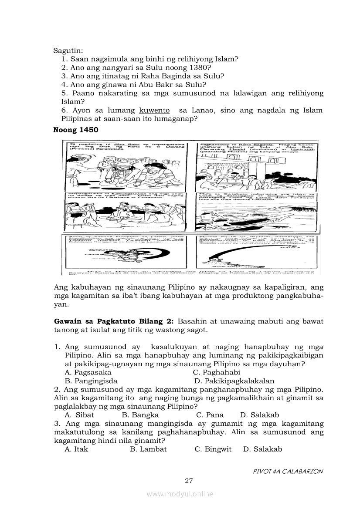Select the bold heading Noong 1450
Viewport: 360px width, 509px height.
pos(75,130)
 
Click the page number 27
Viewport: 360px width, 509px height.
pos(189,481)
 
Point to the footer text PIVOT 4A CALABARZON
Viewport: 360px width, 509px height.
pos(288,471)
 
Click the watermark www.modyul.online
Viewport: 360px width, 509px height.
pos(180,494)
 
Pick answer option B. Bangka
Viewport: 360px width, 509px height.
pos(140,415)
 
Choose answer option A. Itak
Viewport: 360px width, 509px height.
pos(76,449)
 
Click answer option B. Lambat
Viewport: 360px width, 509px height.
pos(148,449)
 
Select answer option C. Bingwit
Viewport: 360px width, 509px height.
pos(213,449)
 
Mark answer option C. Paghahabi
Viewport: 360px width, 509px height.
pos(216,372)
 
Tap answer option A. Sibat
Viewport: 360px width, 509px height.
pos(79,415)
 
